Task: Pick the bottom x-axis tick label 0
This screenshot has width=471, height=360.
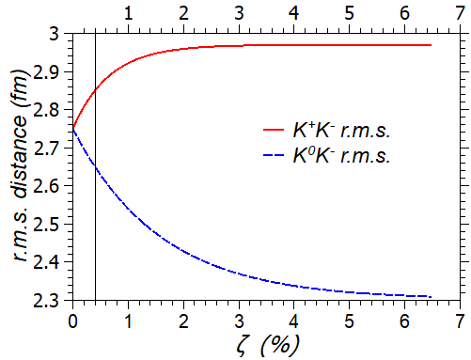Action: (x=72, y=318)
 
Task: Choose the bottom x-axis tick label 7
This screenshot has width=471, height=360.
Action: (x=460, y=318)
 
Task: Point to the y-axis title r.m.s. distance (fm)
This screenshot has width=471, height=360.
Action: (x=20, y=166)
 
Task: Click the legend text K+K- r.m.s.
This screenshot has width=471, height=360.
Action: (x=339, y=129)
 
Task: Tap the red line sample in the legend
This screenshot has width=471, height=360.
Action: (x=274, y=130)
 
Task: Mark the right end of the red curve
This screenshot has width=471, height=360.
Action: (x=431, y=45)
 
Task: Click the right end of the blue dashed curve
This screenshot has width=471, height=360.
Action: (x=431, y=296)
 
